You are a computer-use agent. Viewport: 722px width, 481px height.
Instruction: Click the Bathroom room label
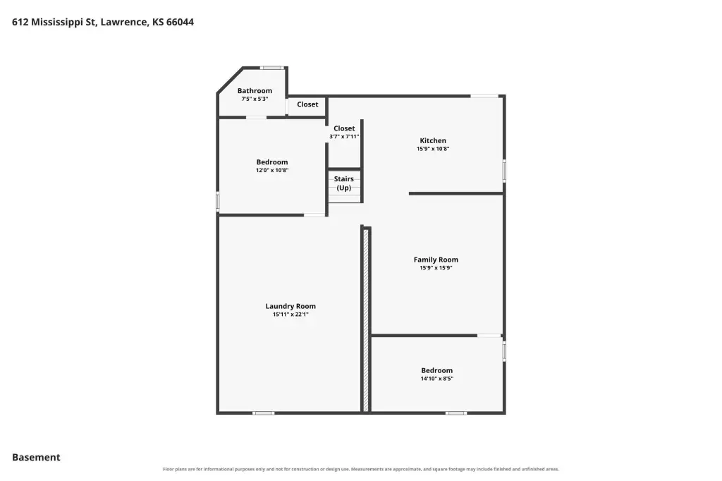[255, 91]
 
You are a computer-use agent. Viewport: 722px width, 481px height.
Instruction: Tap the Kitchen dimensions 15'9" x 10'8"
[433, 149]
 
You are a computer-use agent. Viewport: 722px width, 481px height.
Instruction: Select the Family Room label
[436, 260]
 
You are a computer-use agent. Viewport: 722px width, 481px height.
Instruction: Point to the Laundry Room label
[290, 306]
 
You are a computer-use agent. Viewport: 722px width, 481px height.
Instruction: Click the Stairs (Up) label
[344, 183]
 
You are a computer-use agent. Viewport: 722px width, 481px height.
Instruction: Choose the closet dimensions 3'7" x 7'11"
[344, 137]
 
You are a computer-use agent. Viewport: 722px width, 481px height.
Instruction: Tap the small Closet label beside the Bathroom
[307, 104]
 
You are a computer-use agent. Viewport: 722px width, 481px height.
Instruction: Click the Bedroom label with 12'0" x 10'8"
[272, 162]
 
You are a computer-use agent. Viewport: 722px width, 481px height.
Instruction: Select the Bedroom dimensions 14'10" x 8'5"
[436, 379]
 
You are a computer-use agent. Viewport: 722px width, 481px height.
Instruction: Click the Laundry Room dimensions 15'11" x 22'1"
[290, 315]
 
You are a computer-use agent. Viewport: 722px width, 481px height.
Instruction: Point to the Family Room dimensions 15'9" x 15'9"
[436, 268]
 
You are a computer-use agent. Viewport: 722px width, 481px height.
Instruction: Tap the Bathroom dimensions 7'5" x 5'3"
[255, 99]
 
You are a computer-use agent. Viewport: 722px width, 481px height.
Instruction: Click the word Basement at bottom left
[36, 458]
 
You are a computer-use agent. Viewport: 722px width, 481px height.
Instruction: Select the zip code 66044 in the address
[180, 22]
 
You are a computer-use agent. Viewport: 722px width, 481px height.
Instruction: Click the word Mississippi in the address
[57, 23]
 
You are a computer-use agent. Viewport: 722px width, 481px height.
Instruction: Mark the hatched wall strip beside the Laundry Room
[366, 320]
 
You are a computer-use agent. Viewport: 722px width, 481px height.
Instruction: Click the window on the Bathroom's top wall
[271, 68]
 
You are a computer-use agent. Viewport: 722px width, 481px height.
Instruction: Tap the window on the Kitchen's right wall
[504, 171]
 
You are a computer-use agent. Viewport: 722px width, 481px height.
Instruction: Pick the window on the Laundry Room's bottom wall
[264, 413]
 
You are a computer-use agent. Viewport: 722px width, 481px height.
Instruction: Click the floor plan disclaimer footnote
[361, 469]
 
